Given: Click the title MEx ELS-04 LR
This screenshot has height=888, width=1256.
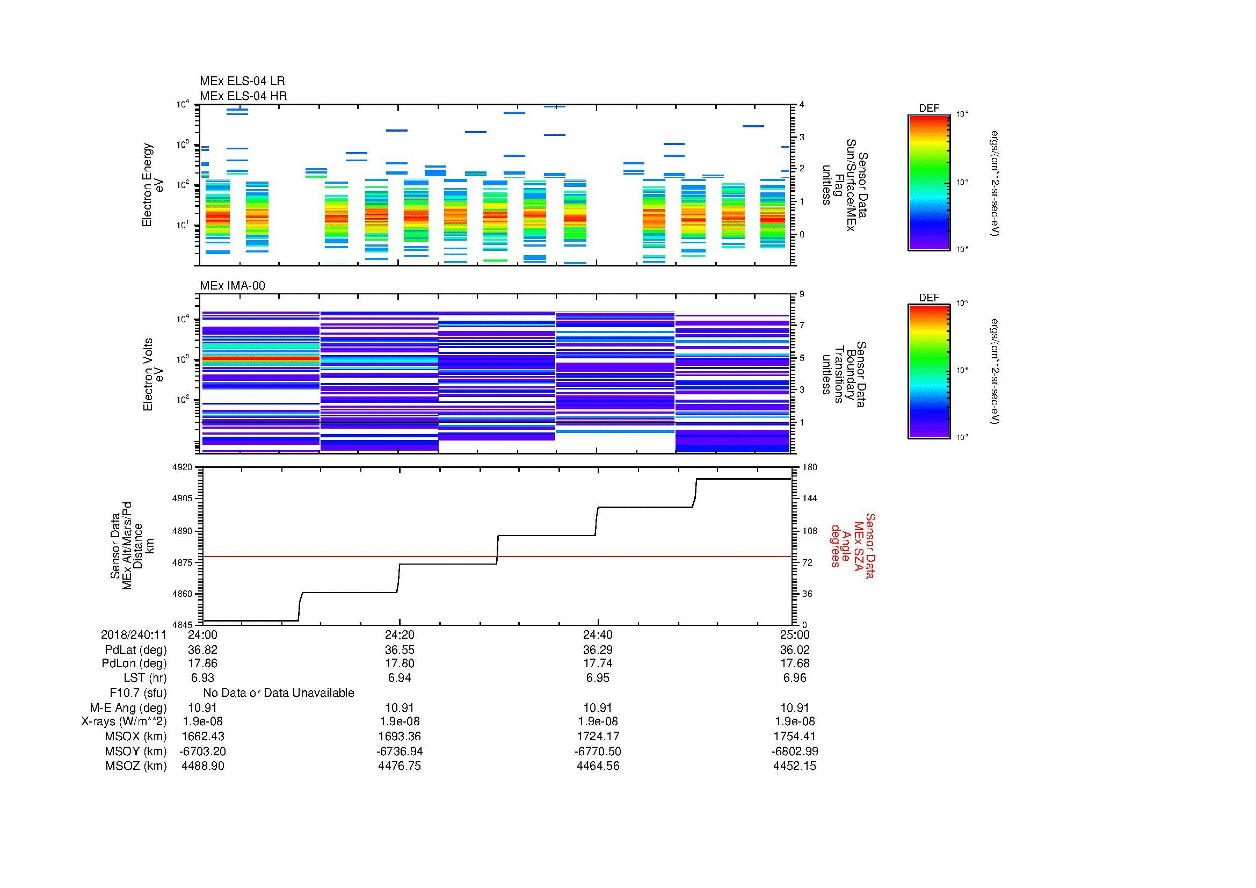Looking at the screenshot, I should pyautogui.click(x=242, y=81).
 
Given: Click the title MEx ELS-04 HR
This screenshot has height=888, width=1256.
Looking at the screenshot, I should pyautogui.click(x=243, y=96).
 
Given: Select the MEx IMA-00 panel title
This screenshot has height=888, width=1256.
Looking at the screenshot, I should pyautogui.click(x=233, y=286).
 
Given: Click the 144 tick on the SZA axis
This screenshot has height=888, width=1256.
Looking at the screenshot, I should pyautogui.click(x=809, y=499).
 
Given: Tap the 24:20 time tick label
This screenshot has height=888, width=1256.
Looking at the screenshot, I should pyautogui.click(x=400, y=634).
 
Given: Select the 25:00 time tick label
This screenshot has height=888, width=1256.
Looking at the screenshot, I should pyautogui.click(x=794, y=634).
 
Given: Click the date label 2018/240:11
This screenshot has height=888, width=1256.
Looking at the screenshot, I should pyautogui.click(x=134, y=634).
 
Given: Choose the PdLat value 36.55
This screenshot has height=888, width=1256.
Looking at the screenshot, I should pyautogui.click(x=400, y=650).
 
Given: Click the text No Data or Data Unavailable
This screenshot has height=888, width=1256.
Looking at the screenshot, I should pyautogui.click(x=279, y=693).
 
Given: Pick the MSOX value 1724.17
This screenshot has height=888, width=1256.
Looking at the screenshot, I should pyautogui.click(x=598, y=737).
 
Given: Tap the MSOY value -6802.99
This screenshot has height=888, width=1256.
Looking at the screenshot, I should pyautogui.click(x=794, y=751).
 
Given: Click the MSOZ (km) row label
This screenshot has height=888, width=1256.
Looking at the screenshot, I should pyautogui.click(x=136, y=766).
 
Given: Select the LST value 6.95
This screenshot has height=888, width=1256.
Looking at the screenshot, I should pyautogui.click(x=598, y=678).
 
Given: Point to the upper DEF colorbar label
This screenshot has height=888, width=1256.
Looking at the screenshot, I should pyautogui.click(x=929, y=109).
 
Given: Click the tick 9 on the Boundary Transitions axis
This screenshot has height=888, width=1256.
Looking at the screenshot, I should pyautogui.click(x=802, y=294).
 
